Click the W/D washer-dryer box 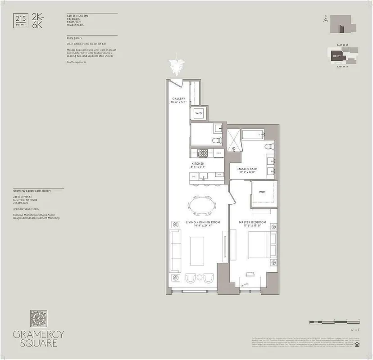(198, 114)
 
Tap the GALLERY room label (179, 99)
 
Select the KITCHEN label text (198, 164)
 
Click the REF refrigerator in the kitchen (218, 153)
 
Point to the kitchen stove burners (203, 153)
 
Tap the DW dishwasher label (194, 176)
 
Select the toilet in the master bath (269, 147)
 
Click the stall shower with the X (234, 140)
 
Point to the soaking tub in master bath (253, 134)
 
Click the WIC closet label (262, 192)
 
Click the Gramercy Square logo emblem (39, 318)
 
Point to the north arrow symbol (325, 19)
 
